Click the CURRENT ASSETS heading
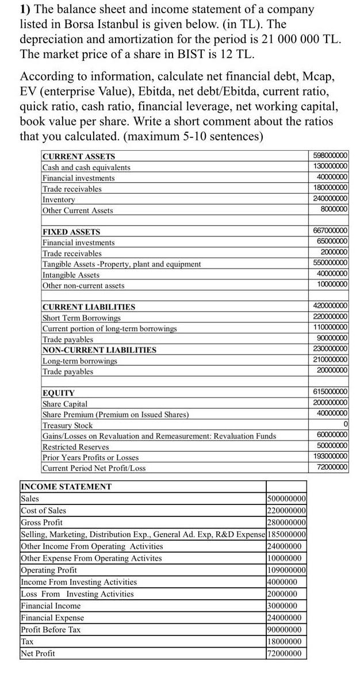79,156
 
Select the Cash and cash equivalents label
86,167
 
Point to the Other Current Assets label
78,210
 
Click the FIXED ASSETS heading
72,232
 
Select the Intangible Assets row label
71,275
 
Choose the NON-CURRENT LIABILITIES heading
99,350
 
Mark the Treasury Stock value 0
345,424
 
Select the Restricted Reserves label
76,447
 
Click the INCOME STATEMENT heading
66,487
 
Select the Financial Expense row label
52,618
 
